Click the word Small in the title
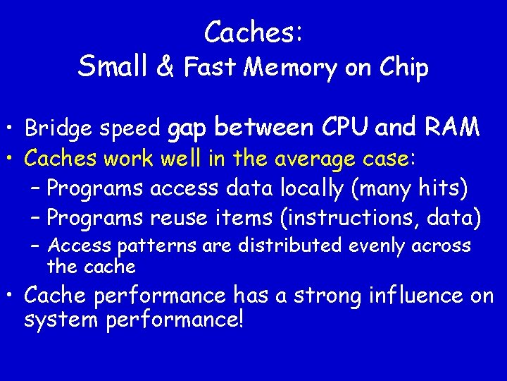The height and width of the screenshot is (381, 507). [x=113, y=66]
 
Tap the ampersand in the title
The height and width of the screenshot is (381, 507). [x=165, y=66]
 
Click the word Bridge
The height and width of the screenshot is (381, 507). [x=61, y=129]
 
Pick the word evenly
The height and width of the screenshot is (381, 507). [x=378, y=246]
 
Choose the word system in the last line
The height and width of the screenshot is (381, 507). [x=62, y=320]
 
